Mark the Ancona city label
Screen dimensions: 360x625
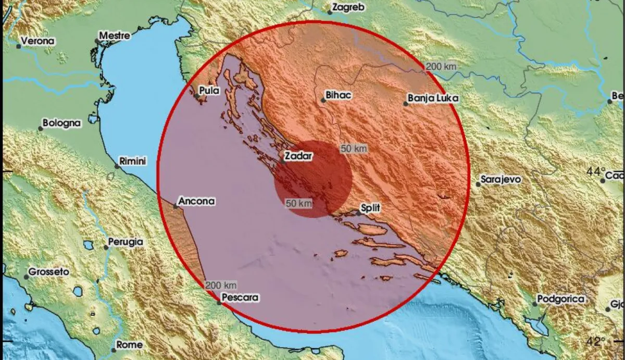pos(196,201)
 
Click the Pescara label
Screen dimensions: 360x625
pos(240,297)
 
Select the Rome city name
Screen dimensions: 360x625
pos(129,344)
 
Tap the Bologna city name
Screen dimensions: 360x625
pos(61,123)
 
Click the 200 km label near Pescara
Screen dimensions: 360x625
pos(221,285)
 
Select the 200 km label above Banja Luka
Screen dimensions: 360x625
pos(442,66)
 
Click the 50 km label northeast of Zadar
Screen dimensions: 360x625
pos(354,148)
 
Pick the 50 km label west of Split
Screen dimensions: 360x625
pos(299,203)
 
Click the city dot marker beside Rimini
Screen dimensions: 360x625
pos(117,166)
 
